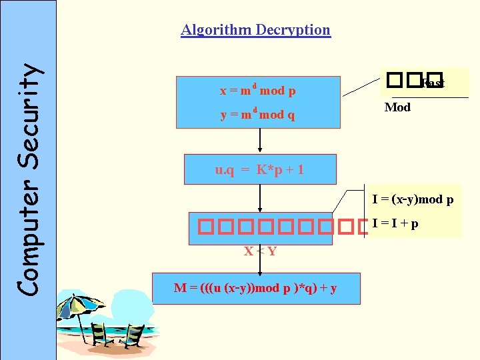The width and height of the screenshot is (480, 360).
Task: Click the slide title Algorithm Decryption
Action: tap(255, 30)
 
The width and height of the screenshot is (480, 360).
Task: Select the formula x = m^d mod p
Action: tap(258, 90)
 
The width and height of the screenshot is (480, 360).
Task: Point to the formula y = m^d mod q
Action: tap(258, 115)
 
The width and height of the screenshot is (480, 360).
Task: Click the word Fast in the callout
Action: tap(433, 83)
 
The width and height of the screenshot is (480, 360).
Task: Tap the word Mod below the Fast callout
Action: tap(397, 107)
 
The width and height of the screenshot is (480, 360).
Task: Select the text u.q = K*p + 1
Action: tap(259, 170)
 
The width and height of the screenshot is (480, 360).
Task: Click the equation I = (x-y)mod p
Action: tap(413, 199)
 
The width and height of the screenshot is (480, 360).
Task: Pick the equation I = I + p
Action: tap(395, 223)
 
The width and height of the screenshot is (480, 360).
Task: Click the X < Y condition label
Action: tap(260, 251)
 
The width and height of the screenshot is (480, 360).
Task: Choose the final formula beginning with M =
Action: tap(255, 288)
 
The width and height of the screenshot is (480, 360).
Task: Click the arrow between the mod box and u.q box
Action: tap(260, 141)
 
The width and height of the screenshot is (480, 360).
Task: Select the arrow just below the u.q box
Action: tap(260, 198)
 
